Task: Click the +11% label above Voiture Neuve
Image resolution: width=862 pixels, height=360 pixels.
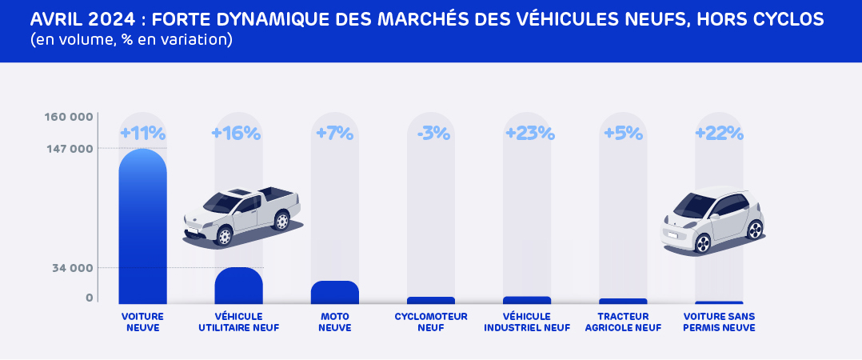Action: pyautogui.click(x=142, y=133)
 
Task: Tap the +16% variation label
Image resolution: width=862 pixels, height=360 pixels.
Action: pyautogui.click(x=236, y=133)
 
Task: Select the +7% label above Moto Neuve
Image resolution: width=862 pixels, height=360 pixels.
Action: pyautogui.click(x=334, y=133)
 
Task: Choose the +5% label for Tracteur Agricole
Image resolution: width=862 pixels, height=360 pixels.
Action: pyautogui.click(x=623, y=133)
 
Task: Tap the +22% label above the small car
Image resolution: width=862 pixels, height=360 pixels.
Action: pyautogui.click(x=719, y=133)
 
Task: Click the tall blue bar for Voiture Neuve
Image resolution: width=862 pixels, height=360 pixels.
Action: pyautogui.click(x=142, y=228)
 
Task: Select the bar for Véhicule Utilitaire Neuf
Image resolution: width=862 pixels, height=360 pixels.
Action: pyautogui.click(x=238, y=286)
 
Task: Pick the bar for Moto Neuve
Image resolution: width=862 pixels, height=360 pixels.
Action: pyautogui.click(x=334, y=293)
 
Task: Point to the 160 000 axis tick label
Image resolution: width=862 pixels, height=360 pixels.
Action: pyautogui.click(x=70, y=117)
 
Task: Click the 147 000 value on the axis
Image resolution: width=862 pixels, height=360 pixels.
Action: pyautogui.click(x=70, y=149)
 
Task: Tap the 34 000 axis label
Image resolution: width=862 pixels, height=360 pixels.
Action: pyautogui.click(x=74, y=267)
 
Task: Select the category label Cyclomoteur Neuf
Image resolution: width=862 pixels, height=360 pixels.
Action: pyautogui.click(x=430, y=322)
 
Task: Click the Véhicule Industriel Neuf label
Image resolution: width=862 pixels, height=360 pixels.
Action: pyautogui.click(x=527, y=322)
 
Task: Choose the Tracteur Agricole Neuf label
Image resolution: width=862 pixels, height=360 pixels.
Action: pyautogui.click(x=623, y=322)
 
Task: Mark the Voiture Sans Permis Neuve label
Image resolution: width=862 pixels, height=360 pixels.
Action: pyautogui.click(x=719, y=322)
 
